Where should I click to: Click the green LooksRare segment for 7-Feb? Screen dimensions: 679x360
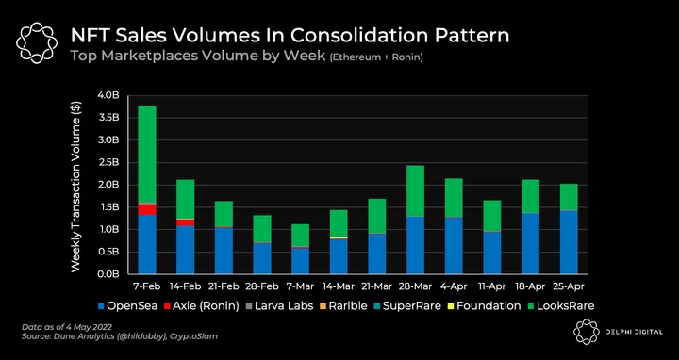pos(147,154)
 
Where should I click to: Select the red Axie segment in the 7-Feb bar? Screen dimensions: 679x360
pos(147,209)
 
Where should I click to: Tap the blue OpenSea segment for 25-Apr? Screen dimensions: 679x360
pos(569,242)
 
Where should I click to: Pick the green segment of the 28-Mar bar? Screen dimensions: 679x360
pos(415,190)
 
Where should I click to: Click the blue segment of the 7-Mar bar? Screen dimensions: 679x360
pos(301,261)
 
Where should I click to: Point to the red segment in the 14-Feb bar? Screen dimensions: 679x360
pos(186,222)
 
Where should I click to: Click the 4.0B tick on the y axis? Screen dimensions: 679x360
pos(108,95)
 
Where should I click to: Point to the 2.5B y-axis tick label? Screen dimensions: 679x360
pos(108,162)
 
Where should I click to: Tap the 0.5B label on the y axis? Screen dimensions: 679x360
pos(108,252)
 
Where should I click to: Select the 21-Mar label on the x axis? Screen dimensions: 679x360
pos(376,286)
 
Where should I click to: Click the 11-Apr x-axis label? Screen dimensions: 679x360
pos(492,286)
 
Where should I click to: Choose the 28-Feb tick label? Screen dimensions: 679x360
pos(262,286)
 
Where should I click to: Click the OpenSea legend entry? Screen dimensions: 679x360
pos(128,306)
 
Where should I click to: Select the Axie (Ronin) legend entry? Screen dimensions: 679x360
pos(202,306)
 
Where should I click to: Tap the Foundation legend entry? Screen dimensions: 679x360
pos(485,306)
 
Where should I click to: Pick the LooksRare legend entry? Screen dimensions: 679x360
pos(561,306)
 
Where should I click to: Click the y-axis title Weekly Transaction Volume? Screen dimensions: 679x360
pos(75,187)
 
